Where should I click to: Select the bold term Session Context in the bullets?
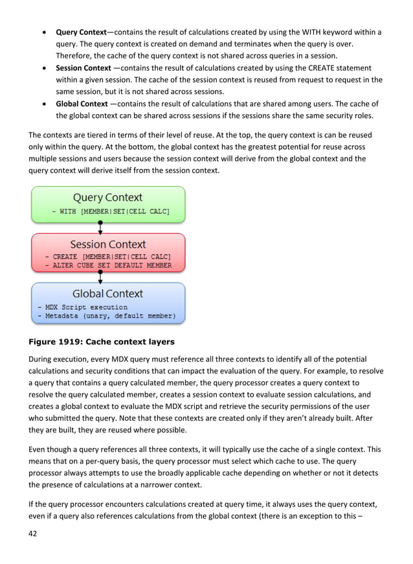tap(84, 68)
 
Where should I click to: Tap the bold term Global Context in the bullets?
tap(82, 104)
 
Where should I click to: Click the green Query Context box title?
tap(107, 197)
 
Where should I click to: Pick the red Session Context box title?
tap(108, 244)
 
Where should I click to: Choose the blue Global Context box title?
tap(107, 294)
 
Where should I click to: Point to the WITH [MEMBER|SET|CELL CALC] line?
tap(111, 211)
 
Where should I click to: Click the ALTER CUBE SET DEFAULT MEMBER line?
tap(108, 265)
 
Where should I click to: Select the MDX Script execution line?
tap(82, 307)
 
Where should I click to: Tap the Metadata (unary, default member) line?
tap(106, 316)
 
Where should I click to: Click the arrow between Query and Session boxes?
tap(100, 228)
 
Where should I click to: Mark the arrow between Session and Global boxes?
tap(100, 277)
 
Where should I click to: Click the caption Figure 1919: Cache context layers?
tap(101, 341)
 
